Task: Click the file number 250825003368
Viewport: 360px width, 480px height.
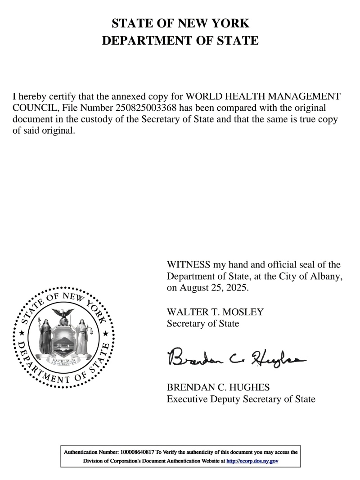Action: (x=146, y=109)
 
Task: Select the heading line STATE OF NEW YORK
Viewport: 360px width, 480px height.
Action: (x=180, y=23)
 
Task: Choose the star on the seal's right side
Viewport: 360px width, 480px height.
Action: (x=106, y=334)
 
